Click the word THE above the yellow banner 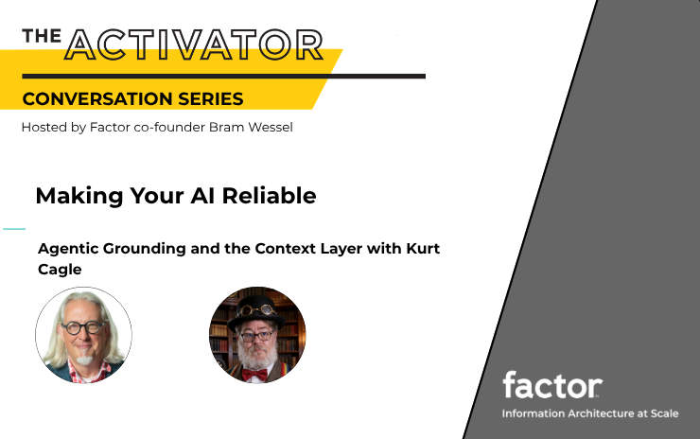tap(42, 36)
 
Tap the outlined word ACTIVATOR tap(194, 44)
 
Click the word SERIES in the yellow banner tap(211, 98)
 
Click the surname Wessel tap(271, 128)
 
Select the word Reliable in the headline tap(270, 196)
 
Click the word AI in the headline tap(203, 196)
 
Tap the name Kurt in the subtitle tap(422, 248)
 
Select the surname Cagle tap(60, 270)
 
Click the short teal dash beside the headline tap(14, 229)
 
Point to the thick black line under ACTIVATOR tap(223, 77)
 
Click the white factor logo tap(552, 384)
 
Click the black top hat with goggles tap(256, 311)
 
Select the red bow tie tap(254, 375)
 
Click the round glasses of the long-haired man tap(83, 327)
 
